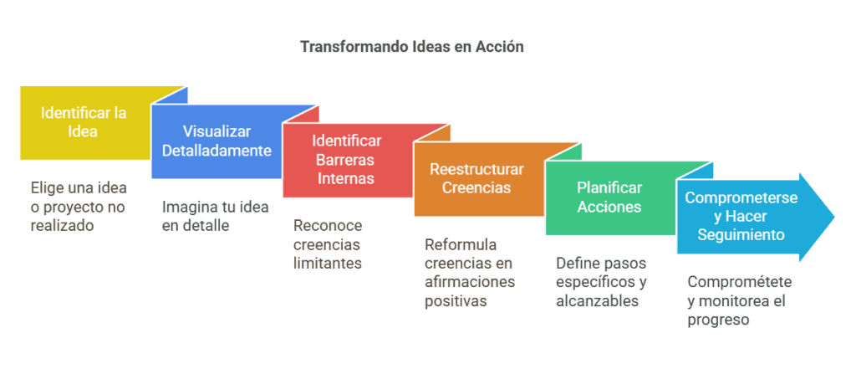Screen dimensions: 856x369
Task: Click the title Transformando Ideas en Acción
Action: click(x=412, y=47)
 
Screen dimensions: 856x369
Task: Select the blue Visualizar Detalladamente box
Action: click(x=227, y=141)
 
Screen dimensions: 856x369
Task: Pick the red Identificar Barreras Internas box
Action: click(x=347, y=160)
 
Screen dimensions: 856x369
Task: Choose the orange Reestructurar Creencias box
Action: click(x=477, y=178)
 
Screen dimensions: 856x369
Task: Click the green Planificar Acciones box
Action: click(x=609, y=197)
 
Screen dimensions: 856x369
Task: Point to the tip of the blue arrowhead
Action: click(x=835, y=217)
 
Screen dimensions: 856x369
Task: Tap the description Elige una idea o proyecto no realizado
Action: click(x=79, y=207)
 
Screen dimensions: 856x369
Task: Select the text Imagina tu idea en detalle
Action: click(x=215, y=216)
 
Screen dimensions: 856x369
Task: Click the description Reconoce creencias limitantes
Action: click(x=328, y=244)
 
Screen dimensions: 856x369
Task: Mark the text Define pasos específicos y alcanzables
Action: click(x=602, y=281)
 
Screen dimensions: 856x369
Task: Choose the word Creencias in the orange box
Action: click(x=476, y=187)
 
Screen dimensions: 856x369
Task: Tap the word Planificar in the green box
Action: click(x=609, y=188)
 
